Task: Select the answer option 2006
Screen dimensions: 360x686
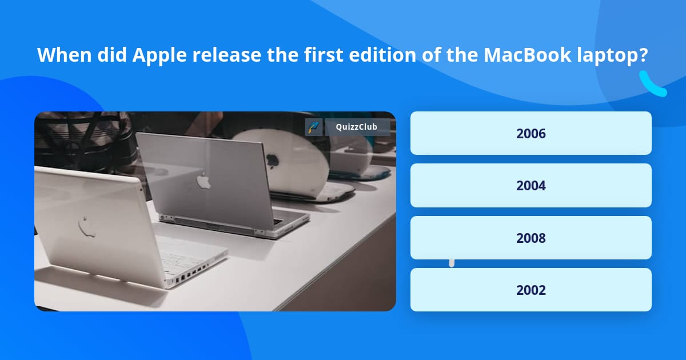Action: tap(531, 133)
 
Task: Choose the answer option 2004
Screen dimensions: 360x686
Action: tap(531, 185)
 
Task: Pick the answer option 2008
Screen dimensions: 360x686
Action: tap(531, 238)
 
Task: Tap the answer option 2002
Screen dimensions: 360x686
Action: tap(531, 290)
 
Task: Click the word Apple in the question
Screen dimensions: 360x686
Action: tap(153, 55)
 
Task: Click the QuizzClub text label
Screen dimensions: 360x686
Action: tap(357, 127)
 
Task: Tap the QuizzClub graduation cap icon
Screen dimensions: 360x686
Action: tap(314, 127)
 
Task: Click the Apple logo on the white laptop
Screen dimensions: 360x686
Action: tap(87, 226)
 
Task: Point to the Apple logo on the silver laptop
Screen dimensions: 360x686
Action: tap(204, 180)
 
